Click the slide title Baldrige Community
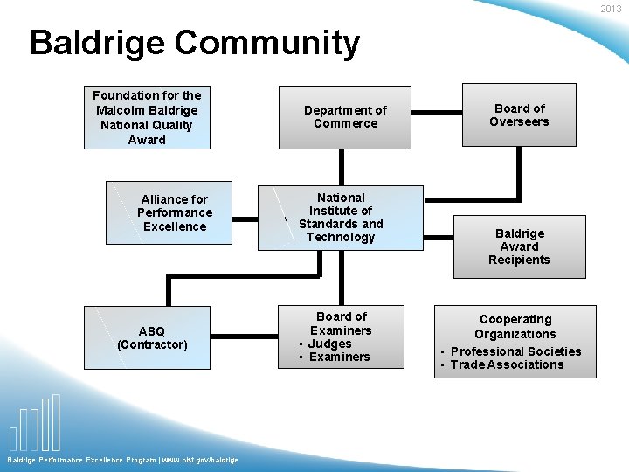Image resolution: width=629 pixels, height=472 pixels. point(194,43)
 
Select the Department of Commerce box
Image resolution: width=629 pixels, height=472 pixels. point(345,117)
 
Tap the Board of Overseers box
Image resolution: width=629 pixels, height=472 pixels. point(519,115)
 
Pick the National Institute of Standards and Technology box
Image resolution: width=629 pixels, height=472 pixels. point(340,218)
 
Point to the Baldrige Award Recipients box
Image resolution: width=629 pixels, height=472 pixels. point(519,246)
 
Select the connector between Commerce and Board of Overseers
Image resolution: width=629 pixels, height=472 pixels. point(437,112)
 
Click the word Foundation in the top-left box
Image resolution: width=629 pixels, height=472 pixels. point(125,95)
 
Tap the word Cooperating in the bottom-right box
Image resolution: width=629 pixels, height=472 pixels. point(515,320)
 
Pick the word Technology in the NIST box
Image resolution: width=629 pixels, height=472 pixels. point(341,237)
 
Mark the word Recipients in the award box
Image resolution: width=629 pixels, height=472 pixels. point(519,260)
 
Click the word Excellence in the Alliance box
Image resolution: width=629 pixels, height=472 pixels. point(175,226)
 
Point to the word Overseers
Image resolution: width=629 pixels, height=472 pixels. point(519,121)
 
